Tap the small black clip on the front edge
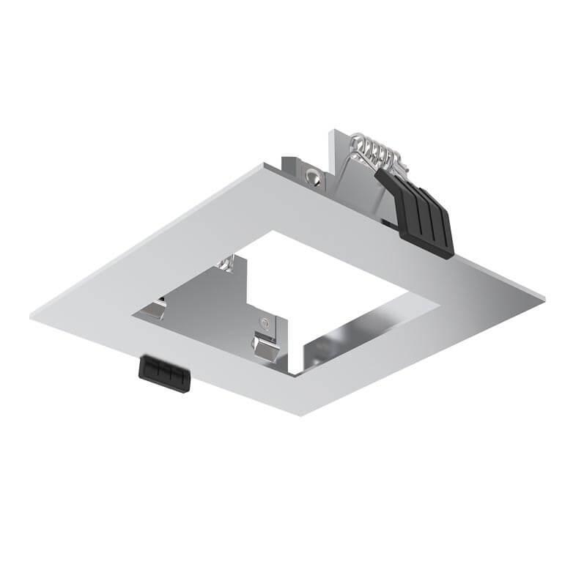pyautogui.click(x=164, y=373)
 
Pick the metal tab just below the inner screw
pyautogui.click(x=265, y=344)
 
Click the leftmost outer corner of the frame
pyautogui.click(x=32, y=316)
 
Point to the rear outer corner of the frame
pyautogui.click(x=262, y=166)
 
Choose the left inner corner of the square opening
pyautogui.click(x=133, y=316)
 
